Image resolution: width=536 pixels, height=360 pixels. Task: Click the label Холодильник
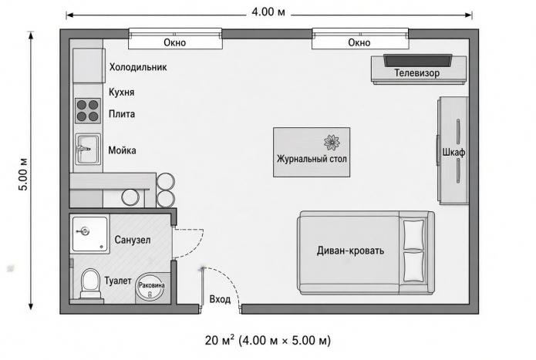tap(138, 67)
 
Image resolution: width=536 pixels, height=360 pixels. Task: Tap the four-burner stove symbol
tap(88, 111)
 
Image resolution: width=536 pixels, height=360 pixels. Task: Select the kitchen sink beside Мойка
tap(88, 149)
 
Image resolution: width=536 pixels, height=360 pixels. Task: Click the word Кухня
tap(121, 93)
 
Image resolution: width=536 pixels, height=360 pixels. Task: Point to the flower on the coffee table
tap(332, 143)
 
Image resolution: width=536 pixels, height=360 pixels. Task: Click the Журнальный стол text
tap(312, 159)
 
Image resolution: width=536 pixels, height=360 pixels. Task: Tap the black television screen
tap(417, 60)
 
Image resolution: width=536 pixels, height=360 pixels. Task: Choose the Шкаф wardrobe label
tap(454, 153)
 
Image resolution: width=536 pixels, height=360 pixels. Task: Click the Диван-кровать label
tap(350, 251)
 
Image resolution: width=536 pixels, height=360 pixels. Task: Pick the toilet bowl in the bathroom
tap(90, 284)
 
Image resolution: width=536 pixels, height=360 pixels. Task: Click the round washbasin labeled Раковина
tap(150, 287)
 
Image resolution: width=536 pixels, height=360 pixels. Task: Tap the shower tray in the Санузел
tap(90, 234)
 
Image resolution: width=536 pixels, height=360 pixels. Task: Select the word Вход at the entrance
tap(220, 300)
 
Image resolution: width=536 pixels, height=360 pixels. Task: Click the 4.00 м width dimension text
tap(268, 12)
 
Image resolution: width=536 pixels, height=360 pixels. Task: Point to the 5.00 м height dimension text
tap(23, 174)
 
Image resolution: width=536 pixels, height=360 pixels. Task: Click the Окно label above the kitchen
tap(174, 42)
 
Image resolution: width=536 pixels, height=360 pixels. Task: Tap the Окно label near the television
tap(359, 42)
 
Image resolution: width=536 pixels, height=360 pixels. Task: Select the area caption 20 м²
tap(220, 340)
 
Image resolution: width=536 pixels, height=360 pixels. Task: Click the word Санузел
tap(133, 240)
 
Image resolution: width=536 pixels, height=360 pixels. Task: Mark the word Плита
tap(122, 114)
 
